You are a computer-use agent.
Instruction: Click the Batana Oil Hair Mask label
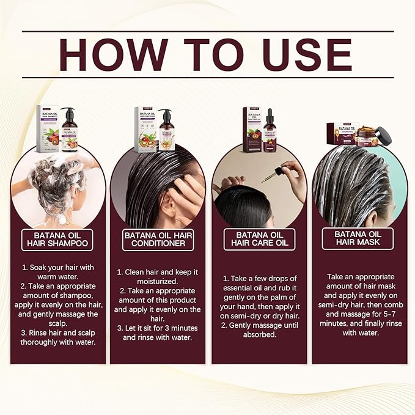coord(358,238)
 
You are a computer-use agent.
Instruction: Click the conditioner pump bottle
coord(166,130)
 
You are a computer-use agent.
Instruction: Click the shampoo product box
coord(48,128)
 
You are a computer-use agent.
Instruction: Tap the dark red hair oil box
coord(252,130)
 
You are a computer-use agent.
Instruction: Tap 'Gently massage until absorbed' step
coord(257,330)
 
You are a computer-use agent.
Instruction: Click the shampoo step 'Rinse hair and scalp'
coord(57,337)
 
